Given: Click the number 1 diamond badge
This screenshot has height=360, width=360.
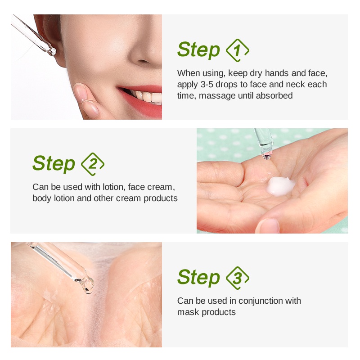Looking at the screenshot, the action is [x=238, y=50].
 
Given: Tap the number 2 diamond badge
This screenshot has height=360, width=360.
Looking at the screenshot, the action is [x=93, y=164].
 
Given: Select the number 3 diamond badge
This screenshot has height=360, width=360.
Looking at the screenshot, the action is [x=238, y=278].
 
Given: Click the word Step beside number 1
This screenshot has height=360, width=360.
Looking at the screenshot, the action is [x=198, y=50].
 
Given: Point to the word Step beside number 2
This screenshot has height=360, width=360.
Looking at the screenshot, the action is [x=54, y=164].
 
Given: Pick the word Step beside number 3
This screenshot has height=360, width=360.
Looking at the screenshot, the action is [x=198, y=278].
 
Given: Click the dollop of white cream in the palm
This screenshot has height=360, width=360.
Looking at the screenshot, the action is [x=280, y=186].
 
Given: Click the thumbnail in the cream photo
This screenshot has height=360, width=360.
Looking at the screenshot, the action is [x=269, y=226].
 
